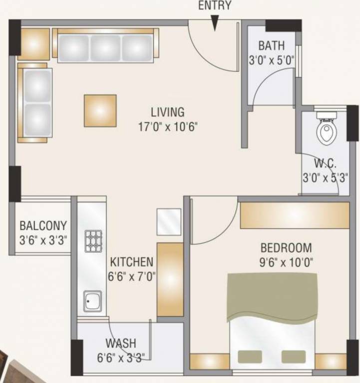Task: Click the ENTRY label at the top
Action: [x=215, y=6]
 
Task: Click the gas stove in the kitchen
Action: [x=93, y=241]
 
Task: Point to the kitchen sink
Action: [x=92, y=301]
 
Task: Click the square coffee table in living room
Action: [x=100, y=110]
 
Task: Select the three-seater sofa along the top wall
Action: [x=105, y=45]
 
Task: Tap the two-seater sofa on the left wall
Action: [x=34, y=102]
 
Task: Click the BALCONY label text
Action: [x=43, y=226]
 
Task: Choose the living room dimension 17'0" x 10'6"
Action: [x=168, y=126]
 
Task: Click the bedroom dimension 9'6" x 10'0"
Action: [x=286, y=261]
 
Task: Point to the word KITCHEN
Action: [x=132, y=262]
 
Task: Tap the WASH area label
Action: [x=121, y=344]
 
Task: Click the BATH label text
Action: [x=271, y=46]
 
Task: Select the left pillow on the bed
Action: [x=249, y=357]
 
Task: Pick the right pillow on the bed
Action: [x=293, y=357]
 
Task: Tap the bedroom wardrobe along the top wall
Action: [x=294, y=215]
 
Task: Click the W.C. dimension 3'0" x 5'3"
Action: [x=325, y=177]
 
